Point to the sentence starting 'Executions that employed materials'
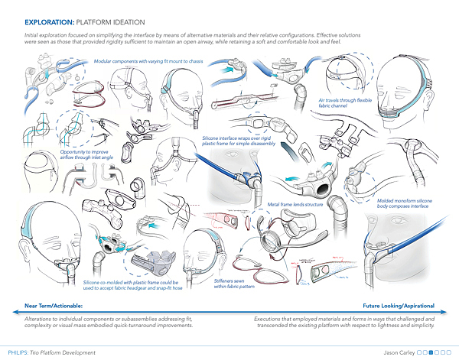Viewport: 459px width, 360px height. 343,322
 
